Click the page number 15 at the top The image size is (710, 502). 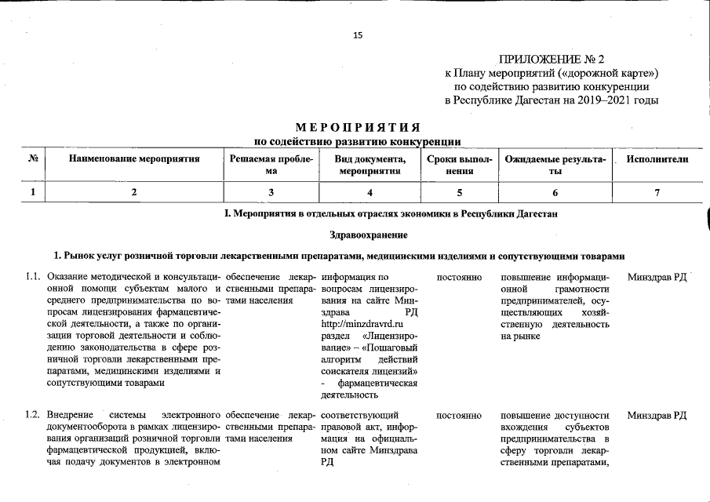click(358, 35)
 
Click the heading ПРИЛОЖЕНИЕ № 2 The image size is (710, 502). click(552, 60)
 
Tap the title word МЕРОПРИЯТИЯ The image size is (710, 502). click(358, 128)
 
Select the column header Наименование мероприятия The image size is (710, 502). click(134, 159)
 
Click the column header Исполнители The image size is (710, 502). click(657, 159)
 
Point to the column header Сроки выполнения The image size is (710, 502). click(460, 165)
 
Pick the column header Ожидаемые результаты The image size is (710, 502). click(555, 165)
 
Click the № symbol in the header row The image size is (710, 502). click(34, 159)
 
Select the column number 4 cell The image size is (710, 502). click(370, 192)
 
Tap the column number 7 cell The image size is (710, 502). click(657, 192)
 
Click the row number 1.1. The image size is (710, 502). click(32, 277)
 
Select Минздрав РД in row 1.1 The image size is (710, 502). click(657, 277)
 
